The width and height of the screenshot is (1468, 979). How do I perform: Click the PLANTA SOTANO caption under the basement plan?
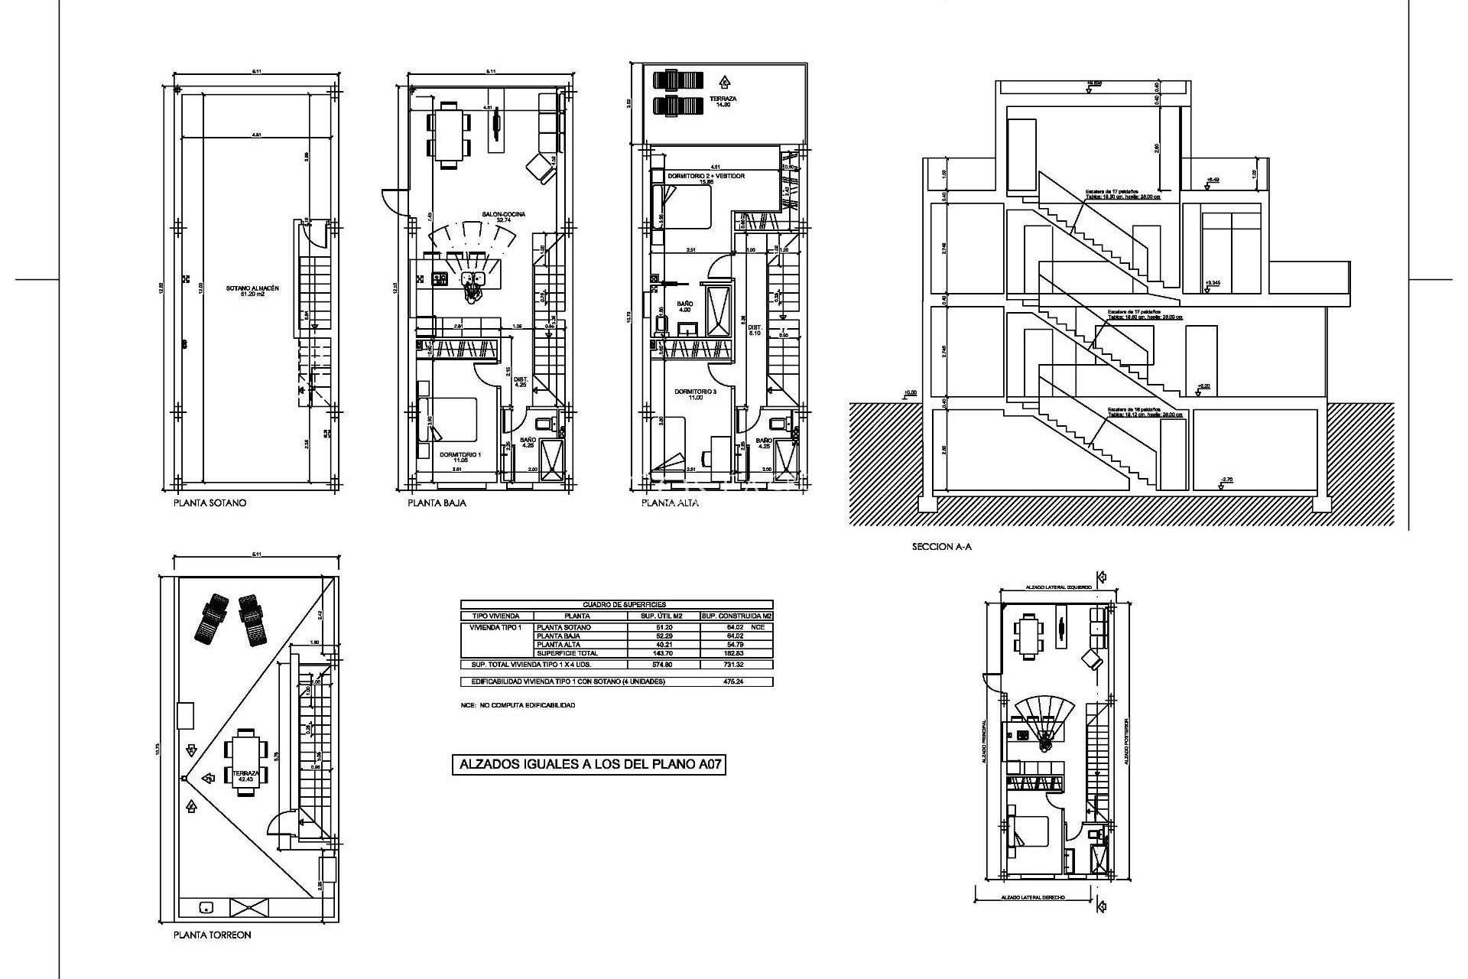(x=209, y=503)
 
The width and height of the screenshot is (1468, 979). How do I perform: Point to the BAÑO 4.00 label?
(x=684, y=307)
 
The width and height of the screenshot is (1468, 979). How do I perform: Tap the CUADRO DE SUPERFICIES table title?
(x=616, y=604)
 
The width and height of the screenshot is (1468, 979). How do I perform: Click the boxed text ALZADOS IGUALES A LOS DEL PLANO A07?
(x=589, y=785)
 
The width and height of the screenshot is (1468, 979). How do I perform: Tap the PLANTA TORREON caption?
(x=212, y=935)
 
